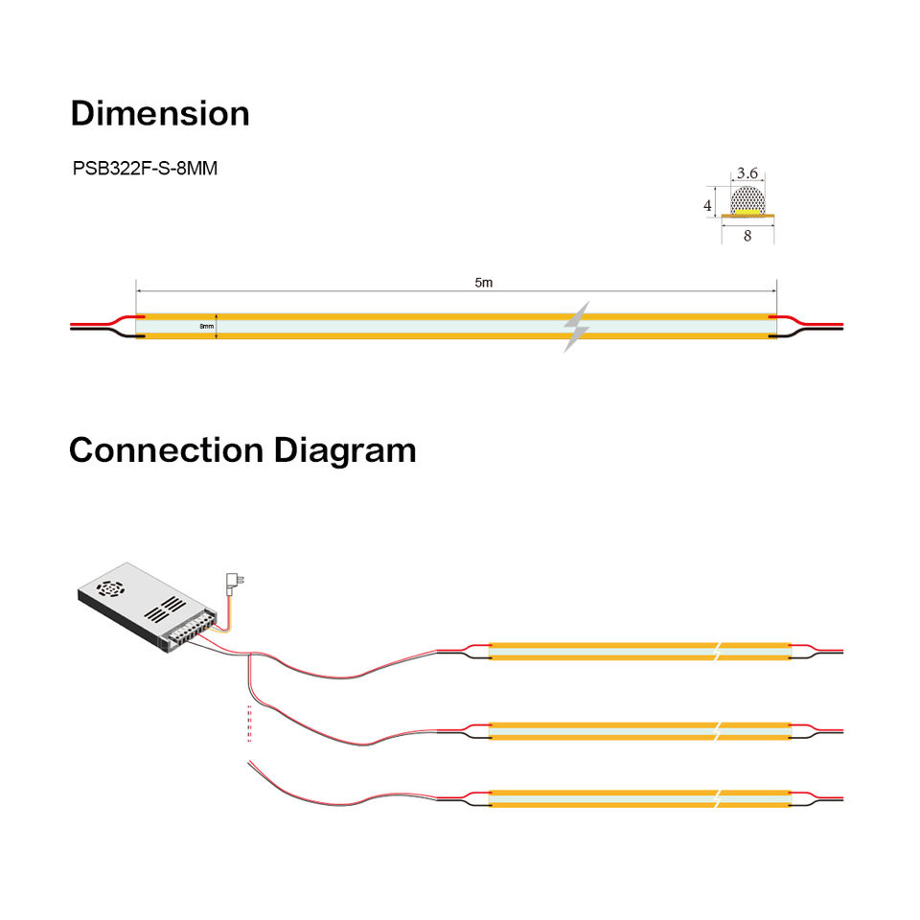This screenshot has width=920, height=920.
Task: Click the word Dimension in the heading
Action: pyautogui.click(x=159, y=113)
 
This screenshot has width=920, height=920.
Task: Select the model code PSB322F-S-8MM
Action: pyautogui.click(x=145, y=169)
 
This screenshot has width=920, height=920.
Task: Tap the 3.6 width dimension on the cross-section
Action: pyautogui.click(x=747, y=173)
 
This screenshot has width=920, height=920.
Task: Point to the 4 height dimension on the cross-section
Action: pyautogui.click(x=708, y=205)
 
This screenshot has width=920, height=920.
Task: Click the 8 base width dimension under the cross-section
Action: pyautogui.click(x=747, y=236)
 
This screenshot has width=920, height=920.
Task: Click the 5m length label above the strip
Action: pyautogui.click(x=484, y=283)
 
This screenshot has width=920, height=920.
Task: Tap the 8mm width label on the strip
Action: pyautogui.click(x=206, y=327)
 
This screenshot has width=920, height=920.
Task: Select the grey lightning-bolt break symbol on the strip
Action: pyautogui.click(x=576, y=326)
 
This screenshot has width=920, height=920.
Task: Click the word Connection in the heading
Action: pyautogui.click(x=167, y=449)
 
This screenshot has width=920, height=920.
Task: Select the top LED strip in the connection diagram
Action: pyautogui.click(x=639, y=651)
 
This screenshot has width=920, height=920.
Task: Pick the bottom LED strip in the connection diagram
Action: pyautogui.click(x=639, y=797)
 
